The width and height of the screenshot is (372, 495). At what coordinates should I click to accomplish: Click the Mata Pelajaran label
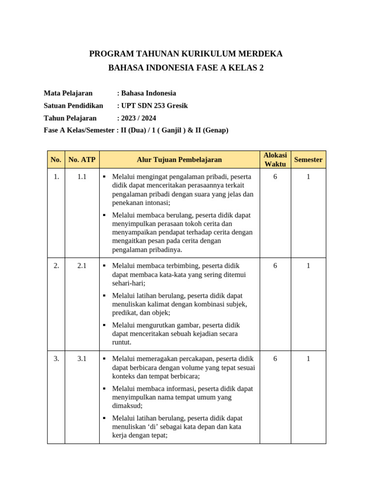[68, 93]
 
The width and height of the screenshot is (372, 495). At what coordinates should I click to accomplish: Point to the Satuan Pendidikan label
[73, 105]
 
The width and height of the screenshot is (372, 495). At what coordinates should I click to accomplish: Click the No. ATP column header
[82, 160]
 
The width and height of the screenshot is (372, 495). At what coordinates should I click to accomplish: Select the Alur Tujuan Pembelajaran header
[179, 160]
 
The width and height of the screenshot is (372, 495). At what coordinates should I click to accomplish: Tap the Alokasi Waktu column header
[275, 160]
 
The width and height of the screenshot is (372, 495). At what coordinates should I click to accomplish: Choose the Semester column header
[308, 160]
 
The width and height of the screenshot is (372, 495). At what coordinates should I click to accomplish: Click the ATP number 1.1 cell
[82, 177]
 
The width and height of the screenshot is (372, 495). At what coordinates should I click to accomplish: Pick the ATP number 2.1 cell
[82, 266]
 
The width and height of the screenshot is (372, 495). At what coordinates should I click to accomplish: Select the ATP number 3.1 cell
[82, 359]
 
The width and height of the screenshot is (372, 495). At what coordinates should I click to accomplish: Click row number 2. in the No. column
[56, 266]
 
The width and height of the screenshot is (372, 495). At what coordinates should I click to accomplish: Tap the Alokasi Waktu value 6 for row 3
[275, 359]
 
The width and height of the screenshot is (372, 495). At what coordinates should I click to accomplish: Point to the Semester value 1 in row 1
[308, 177]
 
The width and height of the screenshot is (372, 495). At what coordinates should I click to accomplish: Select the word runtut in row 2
[121, 343]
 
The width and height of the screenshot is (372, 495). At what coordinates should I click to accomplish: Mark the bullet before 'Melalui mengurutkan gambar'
[104, 325]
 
